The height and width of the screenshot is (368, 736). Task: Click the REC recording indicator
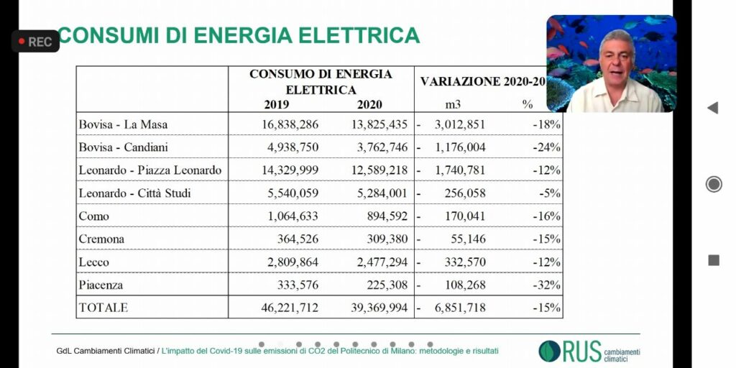pyautogui.click(x=34, y=42)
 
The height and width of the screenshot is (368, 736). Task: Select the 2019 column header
pyautogui.click(x=276, y=104)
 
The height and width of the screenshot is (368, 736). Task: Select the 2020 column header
pyautogui.click(x=369, y=104)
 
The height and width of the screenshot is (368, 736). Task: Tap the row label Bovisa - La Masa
pyautogui.click(x=123, y=124)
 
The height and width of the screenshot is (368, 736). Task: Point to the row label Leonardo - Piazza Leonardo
pyautogui.click(x=150, y=170)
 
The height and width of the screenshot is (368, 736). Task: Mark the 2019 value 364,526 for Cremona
pyautogui.click(x=298, y=239)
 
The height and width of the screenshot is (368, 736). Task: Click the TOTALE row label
pyautogui.click(x=103, y=308)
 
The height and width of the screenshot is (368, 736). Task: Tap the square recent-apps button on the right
pyautogui.click(x=713, y=260)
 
